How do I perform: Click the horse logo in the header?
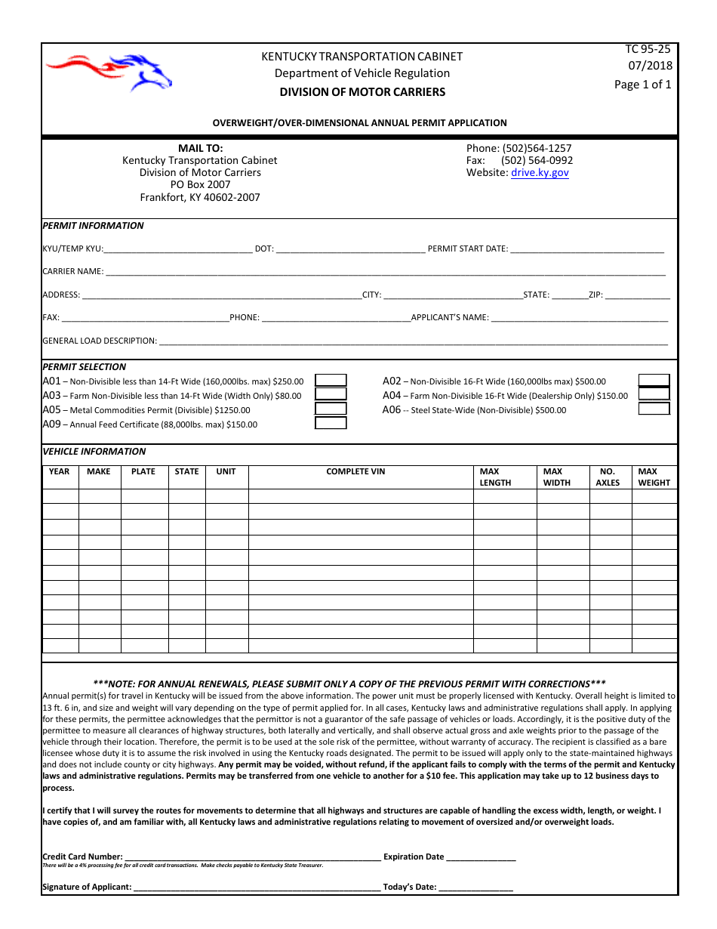pyautogui.click(x=109, y=73)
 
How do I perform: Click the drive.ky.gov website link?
pyautogui.click(x=540, y=173)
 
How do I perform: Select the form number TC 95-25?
pyautogui.click(x=648, y=49)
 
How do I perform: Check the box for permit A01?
pyautogui.click(x=331, y=381)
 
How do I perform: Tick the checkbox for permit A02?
pyautogui.click(x=654, y=381)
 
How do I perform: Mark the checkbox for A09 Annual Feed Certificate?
pyautogui.click(x=331, y=423)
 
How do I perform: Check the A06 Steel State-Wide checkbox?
pyautogui.click(x=654, y=409)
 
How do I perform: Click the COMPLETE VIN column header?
pyautogui.click(x=355, y=472)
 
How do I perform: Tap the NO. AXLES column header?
pyautogui.click(x=608, y=477)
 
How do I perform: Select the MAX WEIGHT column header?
pyautogui.click(x=654, y=477)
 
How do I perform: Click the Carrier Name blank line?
pyautogui.click(x=385, y=271)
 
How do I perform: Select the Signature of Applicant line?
pyautogui.click(x=257, y=887)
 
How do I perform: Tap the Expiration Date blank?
pyautogui.click(x=481, y=856)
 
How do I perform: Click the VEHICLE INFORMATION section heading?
pyautogui.click(x=94, y=452)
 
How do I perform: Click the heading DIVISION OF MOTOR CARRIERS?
pyautogui.click(x=362, y=92)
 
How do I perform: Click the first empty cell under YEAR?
pyautogui.click(x=60, y=496)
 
